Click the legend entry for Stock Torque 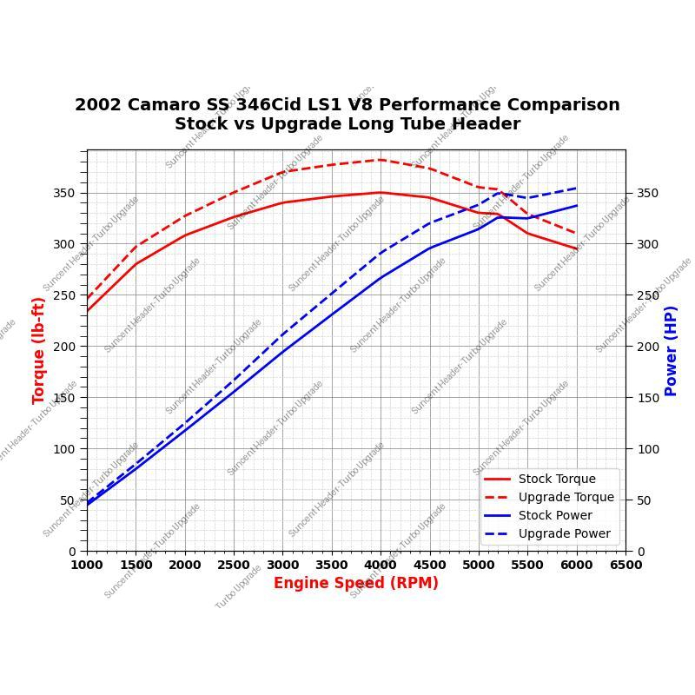pos(557,479)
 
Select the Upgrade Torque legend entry pos(566,497)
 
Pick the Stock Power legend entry pos(555,515)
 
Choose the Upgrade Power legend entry pos(564,533)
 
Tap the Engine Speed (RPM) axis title pos(356,583)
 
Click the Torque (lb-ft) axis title pos(39,350)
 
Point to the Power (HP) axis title pos(671,350)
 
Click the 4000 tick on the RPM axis pos(381,565)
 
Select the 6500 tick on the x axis pos(625,565)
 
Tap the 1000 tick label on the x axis pos(87,565)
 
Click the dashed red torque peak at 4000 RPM pos(381,160)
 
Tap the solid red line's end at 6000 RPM pos(577,249)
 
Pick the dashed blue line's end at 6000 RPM pos(577,188)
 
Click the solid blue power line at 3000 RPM pos(282,352)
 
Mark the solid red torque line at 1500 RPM pos(136,264)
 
